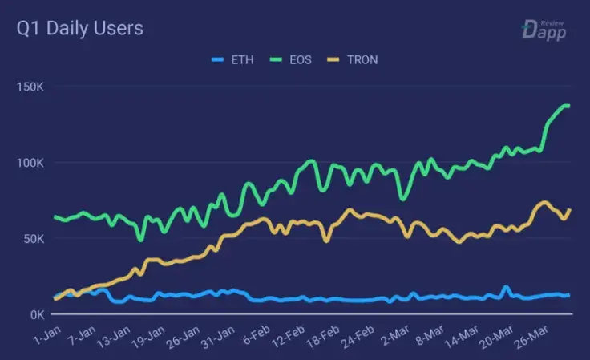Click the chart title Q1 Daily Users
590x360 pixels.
pos(80,29)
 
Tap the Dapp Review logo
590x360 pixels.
pos(544,30)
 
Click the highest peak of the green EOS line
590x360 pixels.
pos(565,106)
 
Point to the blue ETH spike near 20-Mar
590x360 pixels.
pos(506,287)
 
